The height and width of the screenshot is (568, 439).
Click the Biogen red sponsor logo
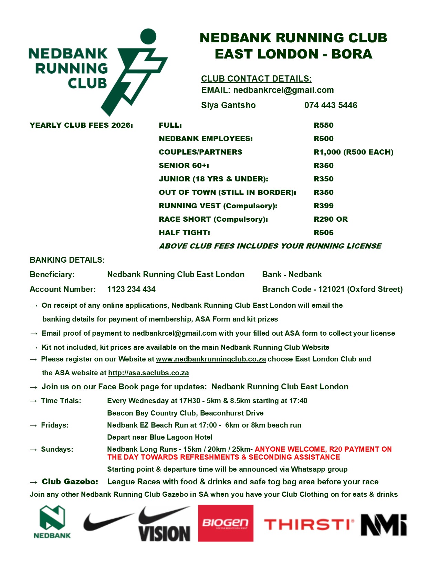226,523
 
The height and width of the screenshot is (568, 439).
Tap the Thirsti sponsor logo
309,525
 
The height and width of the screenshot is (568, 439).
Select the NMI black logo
384,525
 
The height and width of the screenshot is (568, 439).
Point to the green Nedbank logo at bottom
52,522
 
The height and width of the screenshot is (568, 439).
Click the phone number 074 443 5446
331,105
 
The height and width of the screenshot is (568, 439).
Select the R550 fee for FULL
323,125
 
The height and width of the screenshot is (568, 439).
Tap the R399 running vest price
323,206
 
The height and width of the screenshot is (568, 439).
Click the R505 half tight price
323,233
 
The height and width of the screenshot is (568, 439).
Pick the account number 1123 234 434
131,289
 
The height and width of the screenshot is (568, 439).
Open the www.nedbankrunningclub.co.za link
211,359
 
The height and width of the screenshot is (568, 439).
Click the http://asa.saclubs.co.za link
148,373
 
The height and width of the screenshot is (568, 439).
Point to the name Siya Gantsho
228,105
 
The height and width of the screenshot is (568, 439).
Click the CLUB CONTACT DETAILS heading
256,79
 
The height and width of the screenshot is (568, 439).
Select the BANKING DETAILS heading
67,260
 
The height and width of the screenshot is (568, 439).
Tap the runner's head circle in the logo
148,36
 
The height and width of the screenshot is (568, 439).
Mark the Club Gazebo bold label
70,482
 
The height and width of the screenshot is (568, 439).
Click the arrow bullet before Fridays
33,425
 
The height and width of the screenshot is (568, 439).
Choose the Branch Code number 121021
331,289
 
